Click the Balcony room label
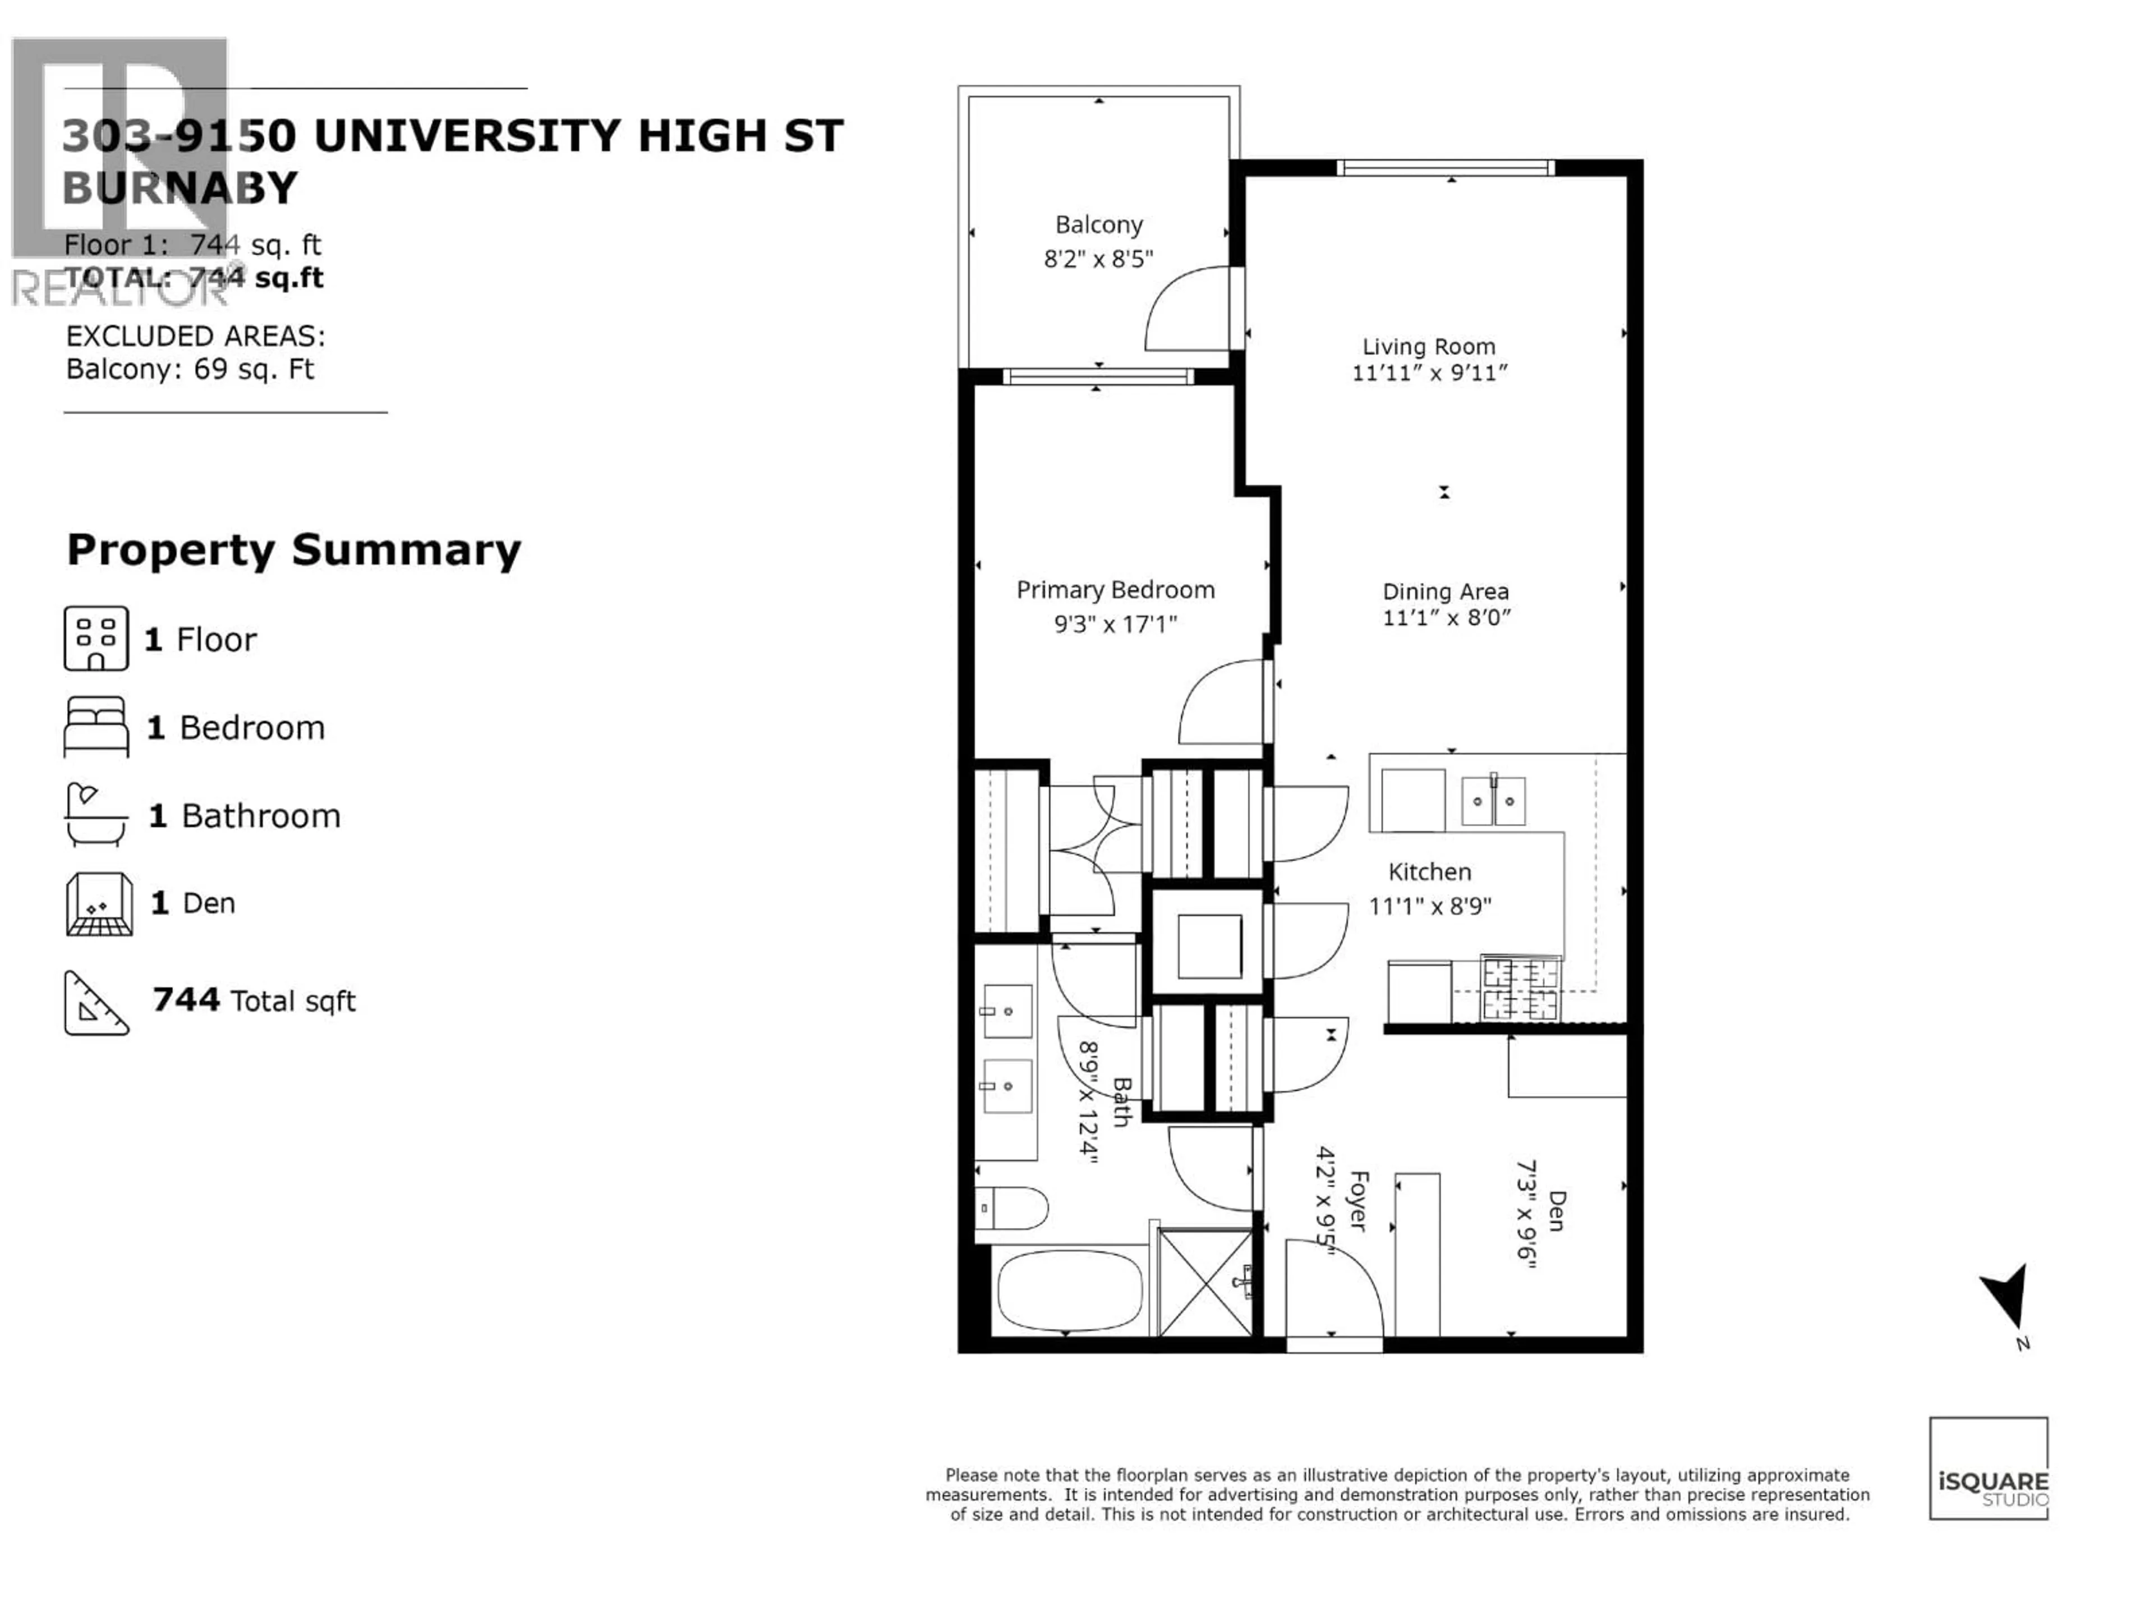1098,225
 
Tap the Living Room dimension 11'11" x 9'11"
1429,373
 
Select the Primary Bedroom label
1115,590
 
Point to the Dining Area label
1445,591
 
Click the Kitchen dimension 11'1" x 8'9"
1429,906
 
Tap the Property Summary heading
293,550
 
